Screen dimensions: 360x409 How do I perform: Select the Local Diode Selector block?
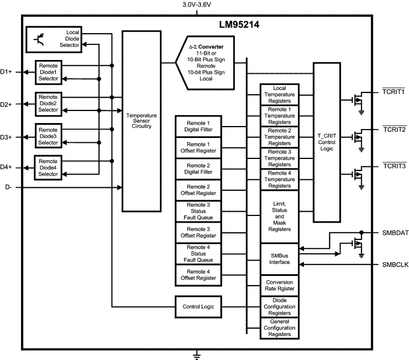coord(53,40)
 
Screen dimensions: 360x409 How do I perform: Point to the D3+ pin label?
coord(7,137)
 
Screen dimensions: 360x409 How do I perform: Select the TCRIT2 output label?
coord(394,129)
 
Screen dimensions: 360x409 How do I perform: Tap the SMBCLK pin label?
coord(394,264)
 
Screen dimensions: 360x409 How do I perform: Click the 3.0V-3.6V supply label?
coord(196,5)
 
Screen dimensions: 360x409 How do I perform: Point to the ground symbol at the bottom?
coord(196,356)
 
